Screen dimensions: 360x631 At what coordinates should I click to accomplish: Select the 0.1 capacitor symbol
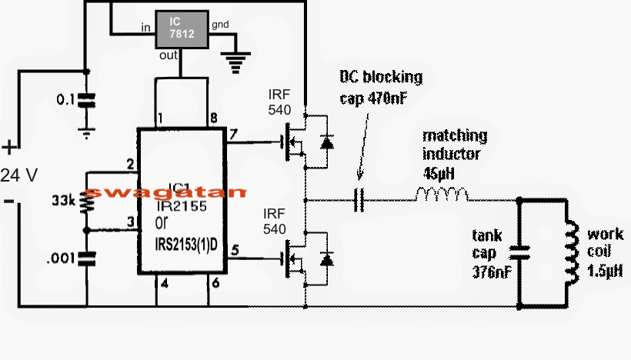coord(88,101)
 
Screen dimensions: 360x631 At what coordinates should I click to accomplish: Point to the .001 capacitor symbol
coord(88,258)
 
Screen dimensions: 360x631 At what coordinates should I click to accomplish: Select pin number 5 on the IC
coord(234,249)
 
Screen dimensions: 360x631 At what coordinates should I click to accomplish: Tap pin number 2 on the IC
coord(131,164)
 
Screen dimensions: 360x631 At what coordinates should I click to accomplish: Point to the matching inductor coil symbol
coord(442,195)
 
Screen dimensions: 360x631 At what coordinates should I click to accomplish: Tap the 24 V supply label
coord(20,175)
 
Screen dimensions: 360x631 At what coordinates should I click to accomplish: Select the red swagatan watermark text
coord(165,192)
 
